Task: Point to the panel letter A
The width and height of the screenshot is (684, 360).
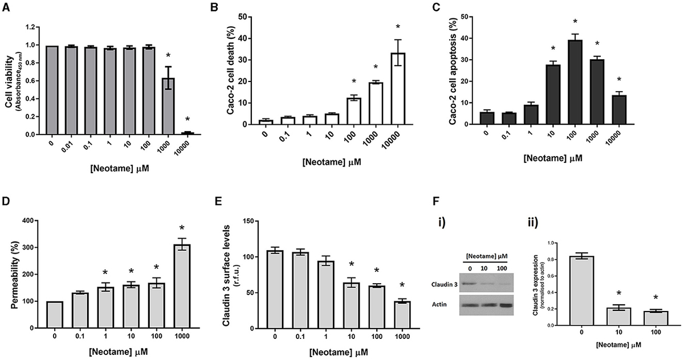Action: point(5,6)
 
